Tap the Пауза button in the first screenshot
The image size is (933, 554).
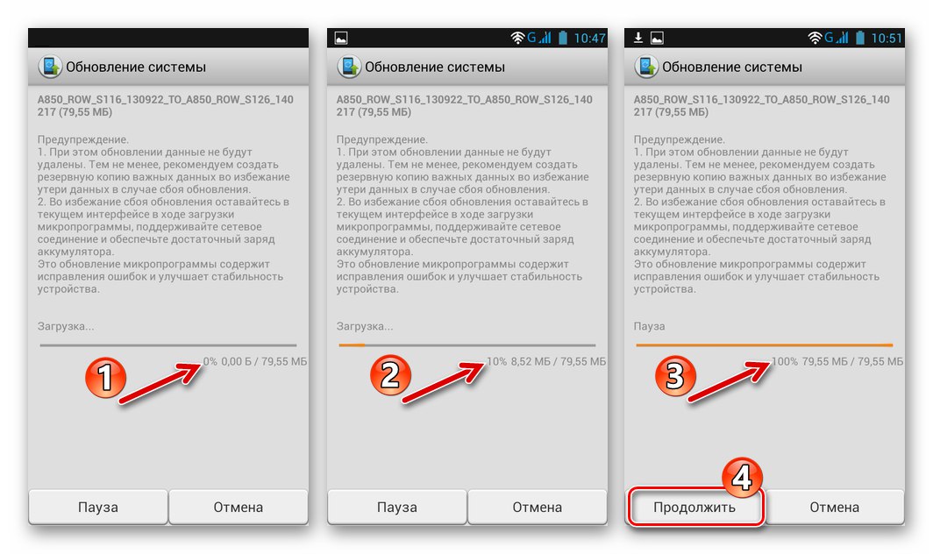click(98, 507)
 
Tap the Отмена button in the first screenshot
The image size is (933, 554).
click(238, 507)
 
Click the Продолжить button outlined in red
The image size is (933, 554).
click(694, 507)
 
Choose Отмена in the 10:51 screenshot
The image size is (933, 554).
click(834, 507)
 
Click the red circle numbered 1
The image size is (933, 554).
click(105, 377)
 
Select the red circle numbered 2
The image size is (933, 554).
click(390, 375)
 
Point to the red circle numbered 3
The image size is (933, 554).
click(675, 376)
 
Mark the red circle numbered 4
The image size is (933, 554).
click(742, 478)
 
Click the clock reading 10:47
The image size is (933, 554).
click(589, 39)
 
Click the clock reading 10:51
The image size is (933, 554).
click(887, 39)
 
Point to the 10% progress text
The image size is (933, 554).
click(497, 361)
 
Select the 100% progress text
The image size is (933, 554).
click(784, 361)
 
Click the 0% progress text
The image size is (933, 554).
click(210, 361)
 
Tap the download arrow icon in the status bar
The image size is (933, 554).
click(637, 38)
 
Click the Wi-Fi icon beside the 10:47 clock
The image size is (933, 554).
click(517, 38)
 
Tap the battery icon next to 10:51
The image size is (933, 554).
click(860, 38)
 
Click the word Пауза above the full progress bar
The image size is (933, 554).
click(649, 326)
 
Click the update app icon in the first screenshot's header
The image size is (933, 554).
click(50, 67)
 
